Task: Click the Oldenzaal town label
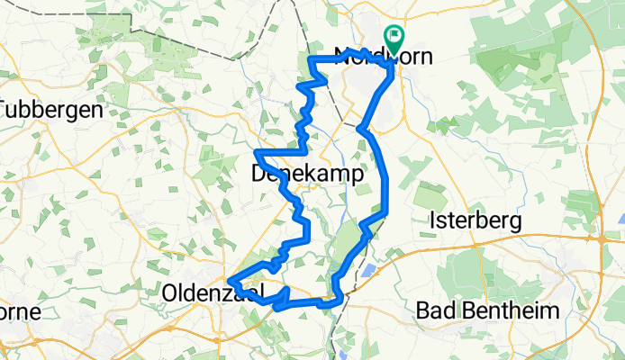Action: click(213, 292)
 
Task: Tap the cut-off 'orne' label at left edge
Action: click(18, 312)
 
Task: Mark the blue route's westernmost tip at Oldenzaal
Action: click(230, 281)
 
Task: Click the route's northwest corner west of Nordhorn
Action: click(312, 58)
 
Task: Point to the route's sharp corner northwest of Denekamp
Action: click(258, 152)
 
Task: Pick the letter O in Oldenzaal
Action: click(172, 292)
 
